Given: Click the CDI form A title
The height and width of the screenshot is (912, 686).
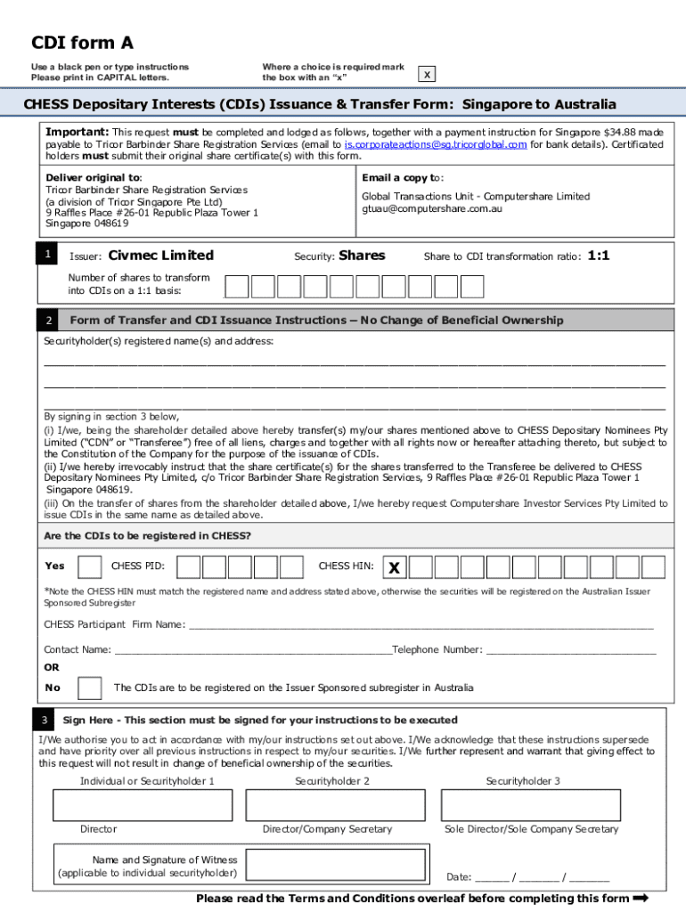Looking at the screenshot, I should pyautogui.click(x=82, y=43).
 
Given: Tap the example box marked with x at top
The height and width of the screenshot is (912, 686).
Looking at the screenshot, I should pyautogui.click(x=429, y=75).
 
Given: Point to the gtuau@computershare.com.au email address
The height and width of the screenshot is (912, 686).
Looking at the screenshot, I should pyautogui.click(x=432, y=208).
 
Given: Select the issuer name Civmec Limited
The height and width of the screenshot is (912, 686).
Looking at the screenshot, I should pyautogui.click(x=160, y=256).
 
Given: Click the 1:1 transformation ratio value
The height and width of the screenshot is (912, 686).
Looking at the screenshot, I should pyautogui.click(x=599, y=256).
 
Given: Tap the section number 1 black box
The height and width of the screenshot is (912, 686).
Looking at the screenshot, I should pyautogui.click(x=49, y=256).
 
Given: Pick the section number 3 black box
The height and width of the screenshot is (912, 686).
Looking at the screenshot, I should pyautogui.click(x=44, y=720).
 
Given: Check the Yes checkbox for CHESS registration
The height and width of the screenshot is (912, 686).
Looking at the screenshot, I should pyautogui.click(x=90, y=566).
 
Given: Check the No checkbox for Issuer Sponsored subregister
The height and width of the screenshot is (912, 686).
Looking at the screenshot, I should pyautogui.click(x=90, y=688).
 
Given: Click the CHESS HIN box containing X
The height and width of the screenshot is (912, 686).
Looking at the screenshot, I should pyautogui.click(x=395, y=567).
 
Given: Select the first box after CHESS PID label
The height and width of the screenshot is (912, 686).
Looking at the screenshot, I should pyautogui.click(x=214, y=566).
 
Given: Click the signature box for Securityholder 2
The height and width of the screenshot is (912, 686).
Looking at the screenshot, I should pyautogui.click(x=332, y=805).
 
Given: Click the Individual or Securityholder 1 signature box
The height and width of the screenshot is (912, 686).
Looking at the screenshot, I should pyautogui.click(x=143, y=805).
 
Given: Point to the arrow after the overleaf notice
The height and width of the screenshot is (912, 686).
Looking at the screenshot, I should pyautogui.click(x=639, y=898).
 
